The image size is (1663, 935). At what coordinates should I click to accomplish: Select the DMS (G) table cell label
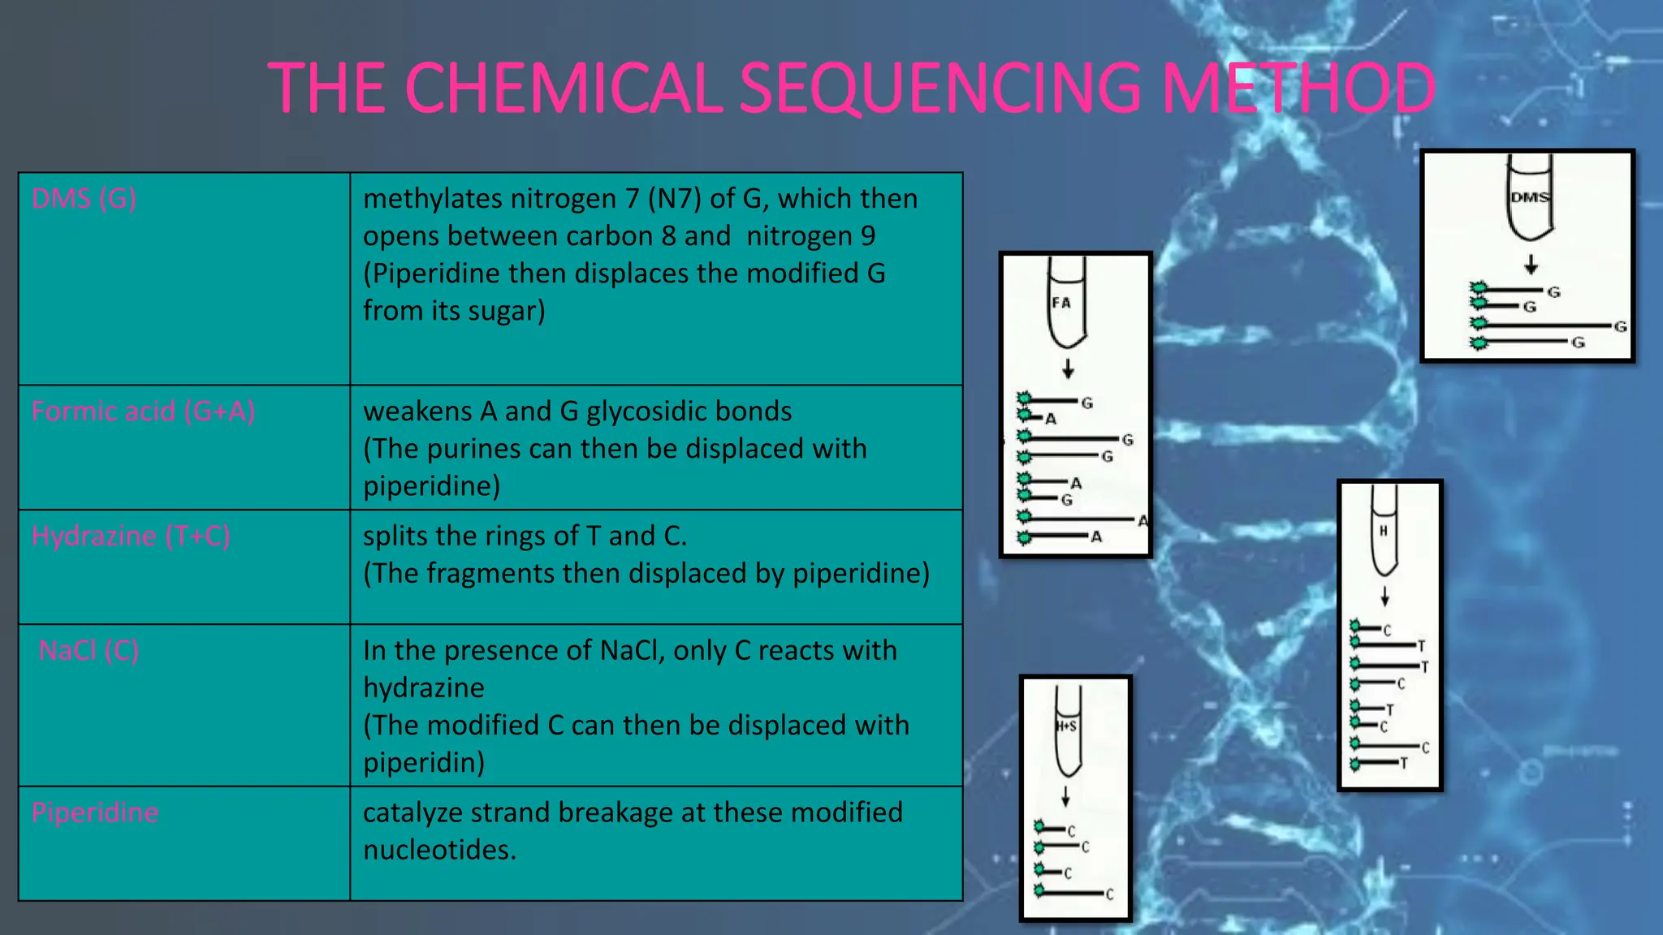84,198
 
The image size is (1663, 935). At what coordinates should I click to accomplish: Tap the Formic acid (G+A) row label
143,411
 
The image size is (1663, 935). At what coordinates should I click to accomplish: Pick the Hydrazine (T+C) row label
130,536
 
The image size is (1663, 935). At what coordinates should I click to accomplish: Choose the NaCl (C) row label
89,650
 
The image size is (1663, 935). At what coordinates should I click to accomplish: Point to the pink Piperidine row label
95,812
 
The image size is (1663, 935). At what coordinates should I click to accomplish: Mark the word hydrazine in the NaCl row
423,688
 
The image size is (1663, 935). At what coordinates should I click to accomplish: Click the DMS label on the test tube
1530,197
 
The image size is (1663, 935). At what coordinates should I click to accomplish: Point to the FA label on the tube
1061,303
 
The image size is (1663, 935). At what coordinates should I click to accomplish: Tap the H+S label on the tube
1066,726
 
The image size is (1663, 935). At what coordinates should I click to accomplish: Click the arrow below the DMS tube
1531,265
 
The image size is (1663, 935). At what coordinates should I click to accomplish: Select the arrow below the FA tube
1068,369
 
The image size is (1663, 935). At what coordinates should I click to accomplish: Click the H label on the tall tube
1384,531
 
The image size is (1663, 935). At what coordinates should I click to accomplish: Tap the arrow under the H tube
1384,596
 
